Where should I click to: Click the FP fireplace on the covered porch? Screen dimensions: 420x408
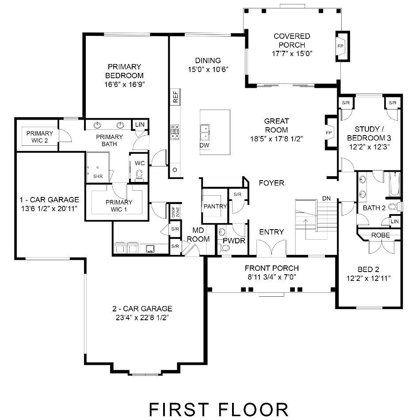point(341,46)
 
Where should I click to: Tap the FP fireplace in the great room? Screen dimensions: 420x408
point(329,132)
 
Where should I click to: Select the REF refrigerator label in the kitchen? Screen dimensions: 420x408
point(175,97)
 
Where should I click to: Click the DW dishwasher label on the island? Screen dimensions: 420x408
point(204,145)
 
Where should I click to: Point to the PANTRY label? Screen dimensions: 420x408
point(215,206)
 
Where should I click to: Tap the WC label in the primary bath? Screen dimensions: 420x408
point(140,163)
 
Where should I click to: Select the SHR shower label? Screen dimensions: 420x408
point(98,177)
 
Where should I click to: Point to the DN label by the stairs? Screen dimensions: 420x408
point(326,198)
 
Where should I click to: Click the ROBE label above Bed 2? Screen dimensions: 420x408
point(380,235)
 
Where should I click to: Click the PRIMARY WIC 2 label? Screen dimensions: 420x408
point(40,136)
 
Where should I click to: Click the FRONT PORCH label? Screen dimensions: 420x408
point(272,268)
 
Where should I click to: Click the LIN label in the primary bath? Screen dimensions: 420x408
point(140,125)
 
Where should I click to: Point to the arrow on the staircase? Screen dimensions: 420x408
point(305,223)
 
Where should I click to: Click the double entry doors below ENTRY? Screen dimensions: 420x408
point(271,249)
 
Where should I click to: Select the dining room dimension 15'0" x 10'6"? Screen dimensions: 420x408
point(208,69)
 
